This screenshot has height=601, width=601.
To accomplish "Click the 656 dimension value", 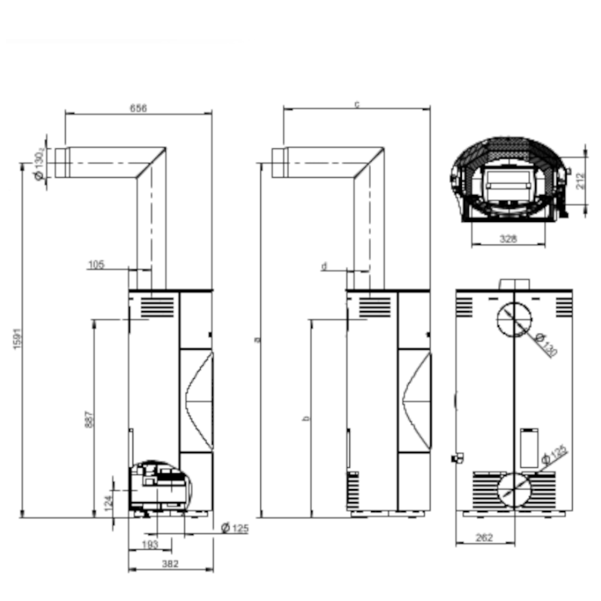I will click(x=138, y=108).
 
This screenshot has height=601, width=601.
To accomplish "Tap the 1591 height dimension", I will click(x=18, y=338).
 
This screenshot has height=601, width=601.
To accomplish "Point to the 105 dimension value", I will click(x=96, y=265).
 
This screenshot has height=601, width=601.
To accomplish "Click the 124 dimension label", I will click(x=108, y=503).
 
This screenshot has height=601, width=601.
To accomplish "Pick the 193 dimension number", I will click(x=150, y=545).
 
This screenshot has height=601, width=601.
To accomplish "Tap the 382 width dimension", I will click(x=170, y=564).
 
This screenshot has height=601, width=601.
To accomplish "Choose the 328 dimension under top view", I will click(x=508, y=239).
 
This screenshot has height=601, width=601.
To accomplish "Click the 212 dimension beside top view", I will click(x=581, y=181).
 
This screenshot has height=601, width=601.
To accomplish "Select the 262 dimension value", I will click(x=484, y=538).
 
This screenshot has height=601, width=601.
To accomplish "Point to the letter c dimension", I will click(x=357, y=104).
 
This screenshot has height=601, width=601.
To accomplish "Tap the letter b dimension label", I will click(x=306, y=418).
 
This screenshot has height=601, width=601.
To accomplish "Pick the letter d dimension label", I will click(x=324, y=266).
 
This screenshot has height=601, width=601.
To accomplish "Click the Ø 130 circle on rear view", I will click(x=514, y=319).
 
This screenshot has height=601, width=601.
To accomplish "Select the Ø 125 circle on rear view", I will click(x=514, y=491).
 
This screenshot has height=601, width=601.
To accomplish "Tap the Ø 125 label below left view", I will click(x=235, y=528).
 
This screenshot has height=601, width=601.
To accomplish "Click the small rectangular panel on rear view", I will click(x=530, y=448).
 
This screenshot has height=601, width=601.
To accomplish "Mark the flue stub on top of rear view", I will click(x=514, y=283).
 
